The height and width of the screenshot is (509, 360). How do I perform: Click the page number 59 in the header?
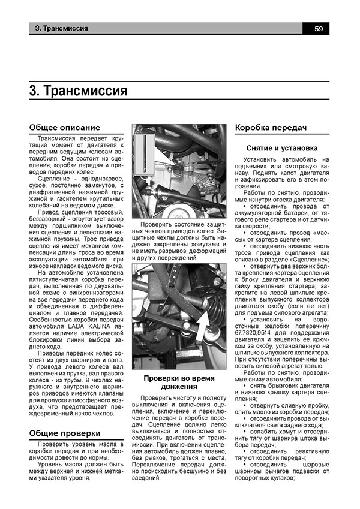click(x=319, y=28)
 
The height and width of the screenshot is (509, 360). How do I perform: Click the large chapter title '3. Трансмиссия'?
click(x=78, y=90)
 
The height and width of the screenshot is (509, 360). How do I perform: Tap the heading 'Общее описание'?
click(x=65, y=128)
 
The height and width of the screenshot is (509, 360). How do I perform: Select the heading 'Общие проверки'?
click(x=65, y=433)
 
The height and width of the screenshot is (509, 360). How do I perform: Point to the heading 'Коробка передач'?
click(x=271, y=128)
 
